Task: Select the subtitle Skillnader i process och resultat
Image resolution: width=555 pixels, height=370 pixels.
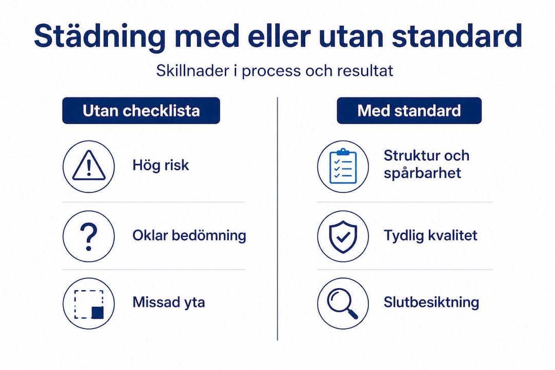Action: click(275, 70)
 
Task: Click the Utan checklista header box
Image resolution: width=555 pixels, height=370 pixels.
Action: click(141, 110)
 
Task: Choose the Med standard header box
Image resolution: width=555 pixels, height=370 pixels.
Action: click(409, 110)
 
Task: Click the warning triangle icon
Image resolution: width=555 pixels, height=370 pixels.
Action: click(88, 167)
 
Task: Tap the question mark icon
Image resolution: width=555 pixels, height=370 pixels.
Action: click(88, 236)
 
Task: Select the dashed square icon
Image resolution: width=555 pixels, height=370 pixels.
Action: click(88, 304)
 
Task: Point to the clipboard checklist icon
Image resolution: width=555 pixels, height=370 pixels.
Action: click(343, 167)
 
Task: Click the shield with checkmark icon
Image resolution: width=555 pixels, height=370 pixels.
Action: click(343, 236)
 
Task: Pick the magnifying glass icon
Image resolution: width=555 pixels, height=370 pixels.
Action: click(343, 304)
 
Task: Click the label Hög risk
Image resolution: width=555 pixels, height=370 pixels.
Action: click(160, 165)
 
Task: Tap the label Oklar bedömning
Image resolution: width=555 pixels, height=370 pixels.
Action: click(189, 235)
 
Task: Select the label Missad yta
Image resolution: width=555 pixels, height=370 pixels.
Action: click(169, 302)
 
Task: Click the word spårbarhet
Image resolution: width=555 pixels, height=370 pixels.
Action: click(422, 173)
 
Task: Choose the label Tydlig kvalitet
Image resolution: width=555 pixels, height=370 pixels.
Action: click(430, 235)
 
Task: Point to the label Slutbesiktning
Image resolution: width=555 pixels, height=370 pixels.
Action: click(431, 302)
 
